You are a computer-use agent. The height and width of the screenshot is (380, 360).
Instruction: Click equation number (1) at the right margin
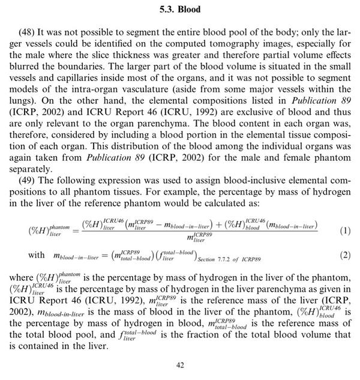coord(328,231)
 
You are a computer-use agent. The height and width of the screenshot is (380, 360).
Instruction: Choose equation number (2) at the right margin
coord(328,256)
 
